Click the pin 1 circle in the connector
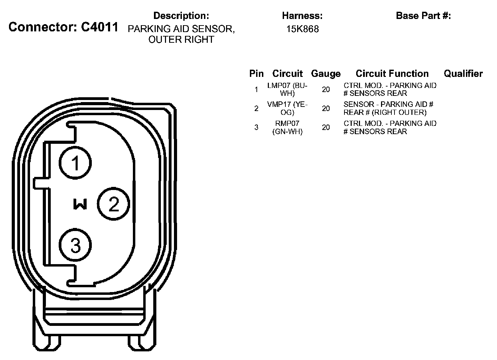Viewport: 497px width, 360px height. (75, 163)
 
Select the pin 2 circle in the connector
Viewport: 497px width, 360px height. (114, 204)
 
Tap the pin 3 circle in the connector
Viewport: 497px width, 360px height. (75, 245)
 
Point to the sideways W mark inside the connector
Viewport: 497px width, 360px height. (80, 204)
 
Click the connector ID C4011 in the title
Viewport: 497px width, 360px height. (100, 27)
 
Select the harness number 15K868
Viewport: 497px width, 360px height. (302, 29)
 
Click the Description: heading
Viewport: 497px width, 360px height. (181, 16)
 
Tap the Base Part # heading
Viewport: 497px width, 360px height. (423, 16)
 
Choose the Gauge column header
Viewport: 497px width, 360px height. (325, 73)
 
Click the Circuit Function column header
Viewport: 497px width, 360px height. (392, 73)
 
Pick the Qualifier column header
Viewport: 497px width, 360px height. (463, 73)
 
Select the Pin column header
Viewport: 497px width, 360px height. (256, 73)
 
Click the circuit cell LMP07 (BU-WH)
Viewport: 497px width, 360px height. (287, 89)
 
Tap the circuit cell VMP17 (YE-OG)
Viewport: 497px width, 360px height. (287, 108)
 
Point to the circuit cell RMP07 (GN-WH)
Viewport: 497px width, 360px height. (287, 127)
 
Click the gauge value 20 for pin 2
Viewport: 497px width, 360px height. (326, 109)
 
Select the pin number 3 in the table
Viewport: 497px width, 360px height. (256, 127)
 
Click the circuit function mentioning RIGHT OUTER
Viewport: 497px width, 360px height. (388, 108)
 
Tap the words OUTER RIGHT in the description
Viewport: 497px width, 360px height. (181, 40)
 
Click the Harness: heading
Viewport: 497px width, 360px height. (302, 16)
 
